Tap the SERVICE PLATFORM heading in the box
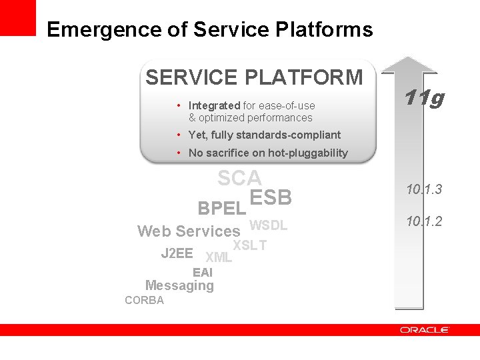254,78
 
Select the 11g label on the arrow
424,99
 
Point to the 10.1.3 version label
424,190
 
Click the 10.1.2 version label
424,221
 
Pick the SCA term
239,179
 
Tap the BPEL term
222,208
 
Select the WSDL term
268,225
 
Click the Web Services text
188,231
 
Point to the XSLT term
250,245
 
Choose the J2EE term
177,253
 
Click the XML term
219,257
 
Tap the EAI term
203,272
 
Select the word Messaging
179,285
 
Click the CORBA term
144,300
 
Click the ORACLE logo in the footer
425,330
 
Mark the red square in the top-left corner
17,17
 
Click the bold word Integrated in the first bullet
214,105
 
